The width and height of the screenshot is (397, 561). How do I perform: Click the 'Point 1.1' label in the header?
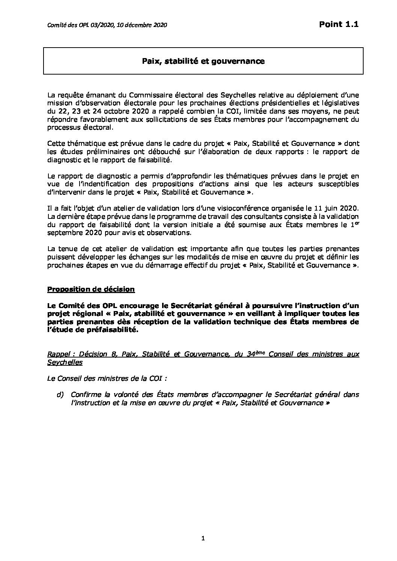[x=339, y=24]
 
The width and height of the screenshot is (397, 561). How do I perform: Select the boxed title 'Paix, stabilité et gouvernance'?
[x=203, y=61]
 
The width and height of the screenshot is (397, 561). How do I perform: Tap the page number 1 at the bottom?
[x=203, y=539]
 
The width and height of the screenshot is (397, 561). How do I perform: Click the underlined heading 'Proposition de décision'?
[x=90, y=289]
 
